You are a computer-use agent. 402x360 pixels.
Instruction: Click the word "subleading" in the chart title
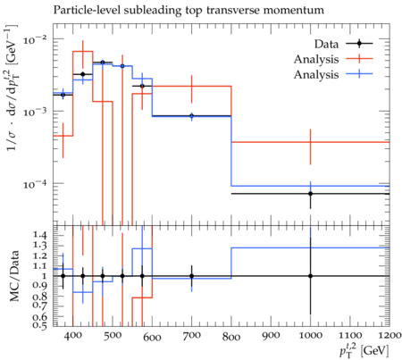(152, 11)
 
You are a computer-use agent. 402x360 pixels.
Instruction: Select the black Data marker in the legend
(359, 44)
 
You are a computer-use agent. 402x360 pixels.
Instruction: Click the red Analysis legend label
(316, 60)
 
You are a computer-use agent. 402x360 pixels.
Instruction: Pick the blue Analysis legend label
(316, 74)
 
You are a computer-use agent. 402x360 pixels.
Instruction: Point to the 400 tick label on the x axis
(73, 336)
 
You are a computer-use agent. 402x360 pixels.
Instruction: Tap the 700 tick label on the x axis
(191, 336)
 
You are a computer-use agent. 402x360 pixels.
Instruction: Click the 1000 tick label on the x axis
(310, 336)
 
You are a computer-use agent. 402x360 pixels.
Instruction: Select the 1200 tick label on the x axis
(389, 336)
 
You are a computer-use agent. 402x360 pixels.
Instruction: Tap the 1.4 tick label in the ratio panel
(39, 235)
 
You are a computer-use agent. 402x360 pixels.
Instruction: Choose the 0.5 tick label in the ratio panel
(39, 326)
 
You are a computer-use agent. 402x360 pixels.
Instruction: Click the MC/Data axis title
(14, 276)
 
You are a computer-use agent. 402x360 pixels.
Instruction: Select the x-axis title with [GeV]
(364, 350)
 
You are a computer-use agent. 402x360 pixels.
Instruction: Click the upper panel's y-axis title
(13, 88)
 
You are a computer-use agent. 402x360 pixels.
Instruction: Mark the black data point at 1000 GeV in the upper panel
(310, 194)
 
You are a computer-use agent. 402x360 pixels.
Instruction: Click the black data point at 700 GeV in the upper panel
(192, 115)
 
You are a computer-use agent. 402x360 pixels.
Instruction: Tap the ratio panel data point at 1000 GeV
(310, 276)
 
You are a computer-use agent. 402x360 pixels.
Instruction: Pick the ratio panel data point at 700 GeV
(192, 276)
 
